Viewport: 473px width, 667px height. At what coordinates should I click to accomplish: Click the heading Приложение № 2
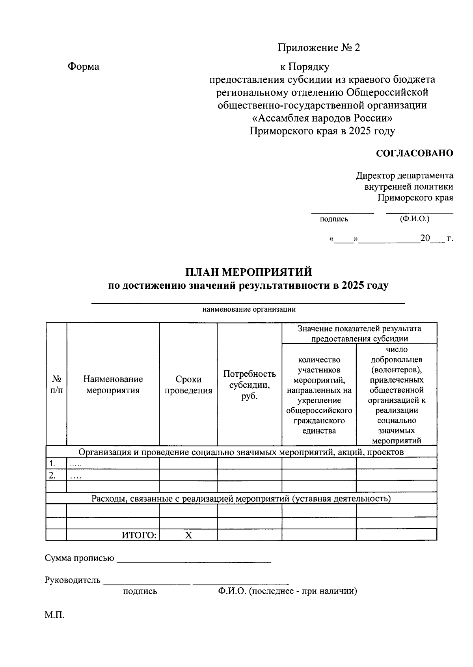pos(319,48)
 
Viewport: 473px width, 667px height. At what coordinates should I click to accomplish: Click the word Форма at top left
pos(84,67)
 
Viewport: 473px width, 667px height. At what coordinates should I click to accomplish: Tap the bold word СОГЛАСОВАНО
pos(414,153)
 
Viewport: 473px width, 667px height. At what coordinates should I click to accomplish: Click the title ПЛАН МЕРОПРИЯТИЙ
pos(249,272)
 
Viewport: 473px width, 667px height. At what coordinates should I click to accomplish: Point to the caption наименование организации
pos(249,310)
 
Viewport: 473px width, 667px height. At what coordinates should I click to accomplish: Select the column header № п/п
pos(56,385)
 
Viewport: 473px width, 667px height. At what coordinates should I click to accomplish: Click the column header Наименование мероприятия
pos(113,385)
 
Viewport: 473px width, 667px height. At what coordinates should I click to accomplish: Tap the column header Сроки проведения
pos(188,385)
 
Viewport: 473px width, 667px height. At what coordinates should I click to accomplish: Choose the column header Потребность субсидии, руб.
pos(249,385)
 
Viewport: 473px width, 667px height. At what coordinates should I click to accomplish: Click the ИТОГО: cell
pos(139,535)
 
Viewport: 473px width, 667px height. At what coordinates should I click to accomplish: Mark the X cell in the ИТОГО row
pos(188,535)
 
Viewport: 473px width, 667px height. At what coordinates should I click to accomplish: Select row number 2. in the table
pos(51,475)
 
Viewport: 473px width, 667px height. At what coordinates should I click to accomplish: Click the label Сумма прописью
pos(79,559)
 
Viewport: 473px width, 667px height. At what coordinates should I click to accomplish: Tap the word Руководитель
pos(73,581)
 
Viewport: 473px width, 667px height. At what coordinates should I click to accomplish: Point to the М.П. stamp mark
pos(54,615)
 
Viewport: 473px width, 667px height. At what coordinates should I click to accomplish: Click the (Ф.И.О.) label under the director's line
pos(414,219)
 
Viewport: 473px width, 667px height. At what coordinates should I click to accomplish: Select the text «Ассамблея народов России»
pos(322,118)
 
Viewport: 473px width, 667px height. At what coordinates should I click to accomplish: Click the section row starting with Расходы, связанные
pos(241,499)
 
